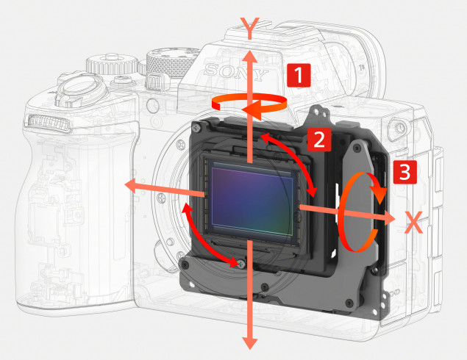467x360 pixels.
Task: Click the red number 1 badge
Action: (299, 75)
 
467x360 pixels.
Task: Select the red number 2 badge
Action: (319, 140)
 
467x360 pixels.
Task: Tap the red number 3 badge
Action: (404, 172)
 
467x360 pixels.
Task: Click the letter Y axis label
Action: (250, 29)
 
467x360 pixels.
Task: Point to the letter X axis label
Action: (414, 223)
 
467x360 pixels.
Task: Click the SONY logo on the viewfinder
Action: (235, 72)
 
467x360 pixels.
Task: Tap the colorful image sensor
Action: (252, 200)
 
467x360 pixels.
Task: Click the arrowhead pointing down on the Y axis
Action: (250, 342)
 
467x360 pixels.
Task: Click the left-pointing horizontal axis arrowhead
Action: (132, 185)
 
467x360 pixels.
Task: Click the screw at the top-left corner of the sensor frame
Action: (196, 129)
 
